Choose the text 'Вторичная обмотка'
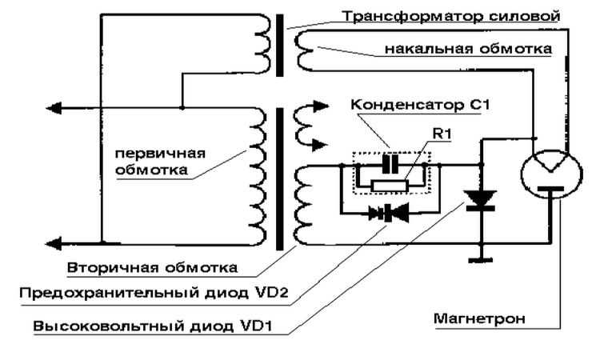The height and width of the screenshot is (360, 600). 153,265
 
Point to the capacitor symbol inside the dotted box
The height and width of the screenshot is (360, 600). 390,163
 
